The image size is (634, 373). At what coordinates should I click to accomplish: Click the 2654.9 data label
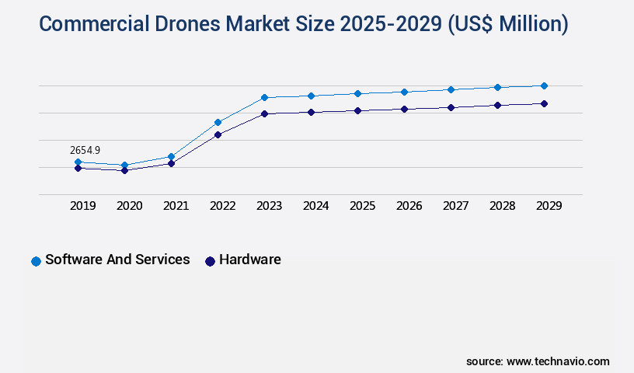(85, 150)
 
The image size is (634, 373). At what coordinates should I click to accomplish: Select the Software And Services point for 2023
(264, 97)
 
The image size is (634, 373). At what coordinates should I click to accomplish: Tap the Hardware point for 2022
(218, 134)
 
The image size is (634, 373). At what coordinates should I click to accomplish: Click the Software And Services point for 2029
(544, 85)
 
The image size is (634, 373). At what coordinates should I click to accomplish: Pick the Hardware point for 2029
(544, 103)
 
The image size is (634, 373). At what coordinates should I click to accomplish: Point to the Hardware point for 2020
(124, 170)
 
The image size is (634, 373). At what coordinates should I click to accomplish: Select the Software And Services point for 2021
(171, 156)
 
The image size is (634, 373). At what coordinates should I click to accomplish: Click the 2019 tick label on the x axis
(82, 206)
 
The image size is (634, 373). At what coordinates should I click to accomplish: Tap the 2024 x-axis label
(315, 206)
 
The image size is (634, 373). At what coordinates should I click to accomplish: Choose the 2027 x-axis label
(455, 206)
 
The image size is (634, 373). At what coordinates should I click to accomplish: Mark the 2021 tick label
(176, 206)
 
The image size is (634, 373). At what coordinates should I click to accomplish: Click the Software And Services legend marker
(36, 261)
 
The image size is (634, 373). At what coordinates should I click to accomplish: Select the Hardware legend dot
(210, 261)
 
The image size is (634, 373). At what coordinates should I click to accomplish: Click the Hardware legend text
(249, 260)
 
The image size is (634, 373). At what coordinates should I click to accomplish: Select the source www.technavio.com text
(538, 361)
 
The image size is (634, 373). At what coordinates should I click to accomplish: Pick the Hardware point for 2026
(404, 109)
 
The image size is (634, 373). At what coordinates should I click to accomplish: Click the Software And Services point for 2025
(357, 93)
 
